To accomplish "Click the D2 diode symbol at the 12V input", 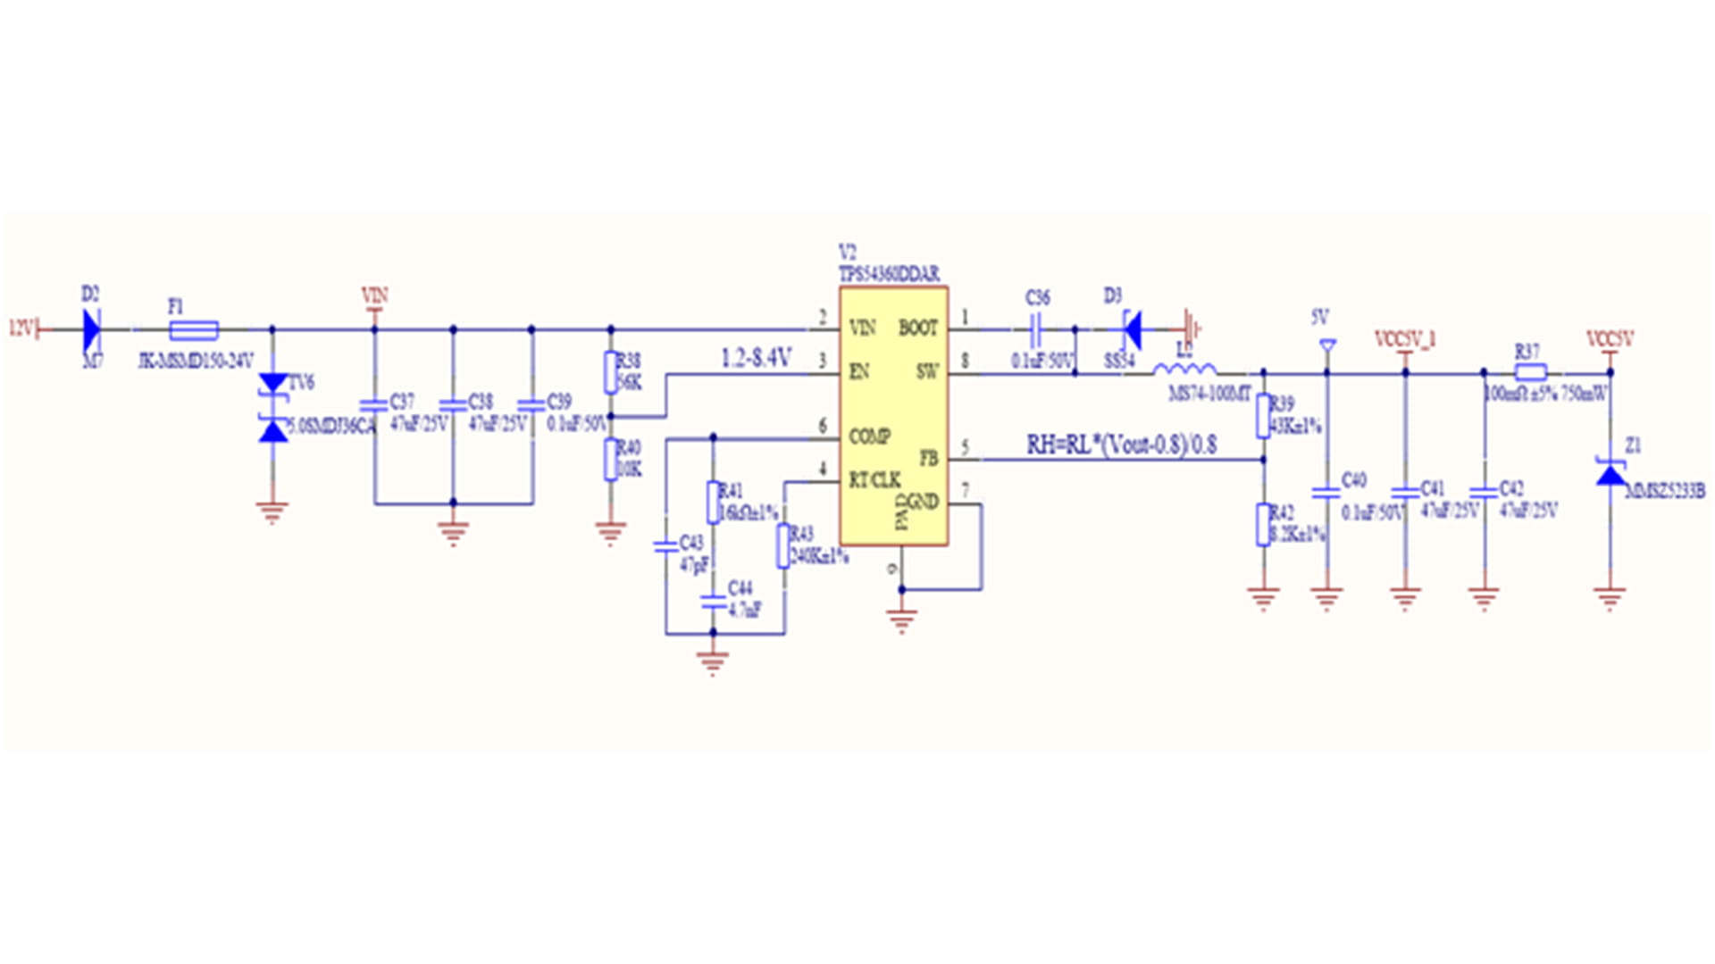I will (91, 330).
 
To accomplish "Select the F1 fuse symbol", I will (194, 330).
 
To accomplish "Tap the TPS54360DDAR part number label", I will (889, 274).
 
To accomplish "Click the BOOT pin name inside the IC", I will (917, 328).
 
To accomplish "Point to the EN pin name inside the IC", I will (858, 371).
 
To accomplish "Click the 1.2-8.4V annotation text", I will (756, 358).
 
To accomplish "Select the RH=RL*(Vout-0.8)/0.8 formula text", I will (1121, 444).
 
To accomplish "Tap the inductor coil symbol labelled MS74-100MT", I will (1184, 369).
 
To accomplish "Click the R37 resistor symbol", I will (1531, 373).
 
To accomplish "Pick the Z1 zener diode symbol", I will (1610, 473).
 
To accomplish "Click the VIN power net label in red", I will (374, 295).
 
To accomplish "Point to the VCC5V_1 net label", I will (1404, 339).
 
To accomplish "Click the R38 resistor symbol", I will (611, 372).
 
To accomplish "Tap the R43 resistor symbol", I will (782, 545).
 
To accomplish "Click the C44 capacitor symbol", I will (713, 602).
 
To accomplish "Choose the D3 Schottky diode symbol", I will (1132, 330).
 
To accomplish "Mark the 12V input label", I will (21, 328).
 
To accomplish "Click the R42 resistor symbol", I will (1263, 524).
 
